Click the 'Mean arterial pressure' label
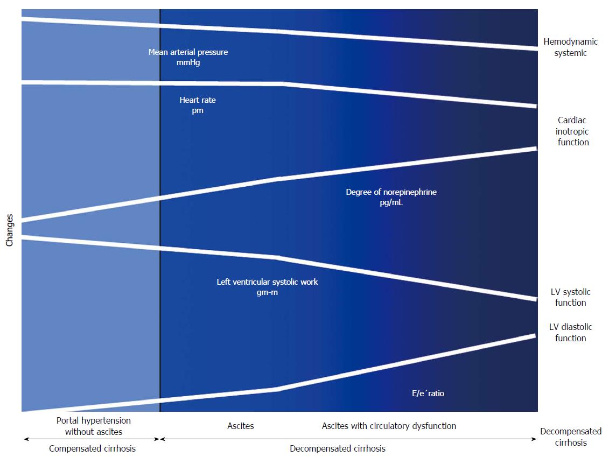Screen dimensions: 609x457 (188, 52)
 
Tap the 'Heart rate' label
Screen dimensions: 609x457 (197, 100)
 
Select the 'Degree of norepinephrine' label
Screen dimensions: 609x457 (391, 192)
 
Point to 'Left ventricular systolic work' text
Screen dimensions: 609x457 (267, 282)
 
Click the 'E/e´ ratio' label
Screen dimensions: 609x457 (428, 393)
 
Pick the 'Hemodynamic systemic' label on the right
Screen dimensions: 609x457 (570, 47)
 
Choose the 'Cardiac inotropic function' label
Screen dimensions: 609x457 (572, 131)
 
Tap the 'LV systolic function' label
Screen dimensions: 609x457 (570, 297)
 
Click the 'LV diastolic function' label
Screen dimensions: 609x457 (570, 332)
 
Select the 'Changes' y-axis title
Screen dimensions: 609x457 (9, 230)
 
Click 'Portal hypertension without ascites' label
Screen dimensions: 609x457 (94, 426)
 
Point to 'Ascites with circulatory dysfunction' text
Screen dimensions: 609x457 (389, 426)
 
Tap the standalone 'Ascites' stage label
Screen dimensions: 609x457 (240, 426)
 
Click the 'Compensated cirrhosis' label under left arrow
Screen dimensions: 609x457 (92, 448)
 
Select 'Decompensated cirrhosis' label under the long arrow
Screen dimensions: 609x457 (338, 448)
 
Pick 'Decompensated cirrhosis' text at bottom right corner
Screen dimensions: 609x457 (571, 437)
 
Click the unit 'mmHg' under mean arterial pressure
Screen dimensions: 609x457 (188, 62)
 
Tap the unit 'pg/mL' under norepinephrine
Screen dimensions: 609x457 (391, 202)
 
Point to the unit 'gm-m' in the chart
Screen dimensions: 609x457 (267, 292)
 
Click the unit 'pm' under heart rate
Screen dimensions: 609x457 (197, 111)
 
